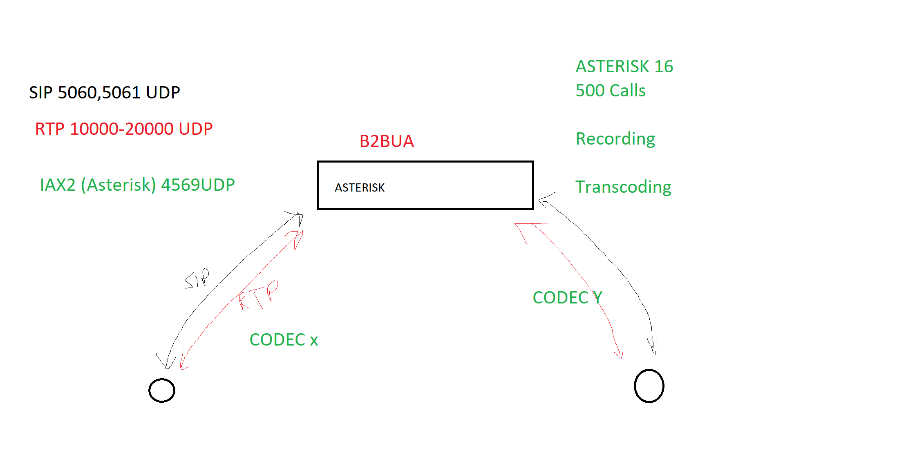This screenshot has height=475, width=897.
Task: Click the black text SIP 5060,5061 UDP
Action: coord(104,93)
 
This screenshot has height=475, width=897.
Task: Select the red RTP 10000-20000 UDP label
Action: coord(123,129)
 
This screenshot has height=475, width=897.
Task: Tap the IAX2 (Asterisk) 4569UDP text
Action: coord(137,185)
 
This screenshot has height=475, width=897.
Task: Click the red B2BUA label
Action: coord(387,141)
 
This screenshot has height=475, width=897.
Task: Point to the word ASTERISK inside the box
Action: coord(360,187)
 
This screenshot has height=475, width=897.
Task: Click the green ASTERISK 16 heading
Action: coord(624,67)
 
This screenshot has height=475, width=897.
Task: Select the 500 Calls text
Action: coord(610,91)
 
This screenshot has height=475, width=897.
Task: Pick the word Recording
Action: coord(615,139)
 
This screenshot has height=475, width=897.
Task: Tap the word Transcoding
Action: coord(623,187)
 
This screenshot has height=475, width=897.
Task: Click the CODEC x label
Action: coord(284,340)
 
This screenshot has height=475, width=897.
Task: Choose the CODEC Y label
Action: coord(567,298)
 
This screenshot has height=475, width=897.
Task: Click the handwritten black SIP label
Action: coord(197,279)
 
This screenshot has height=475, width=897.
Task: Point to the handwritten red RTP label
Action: coord(258,295)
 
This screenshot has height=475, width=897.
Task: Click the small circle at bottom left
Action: coord(162,390)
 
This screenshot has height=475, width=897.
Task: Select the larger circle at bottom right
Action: coord(649,386)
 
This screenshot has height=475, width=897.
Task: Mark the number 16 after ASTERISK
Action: coord(663,67)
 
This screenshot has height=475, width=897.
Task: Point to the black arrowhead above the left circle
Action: coord(166,362)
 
